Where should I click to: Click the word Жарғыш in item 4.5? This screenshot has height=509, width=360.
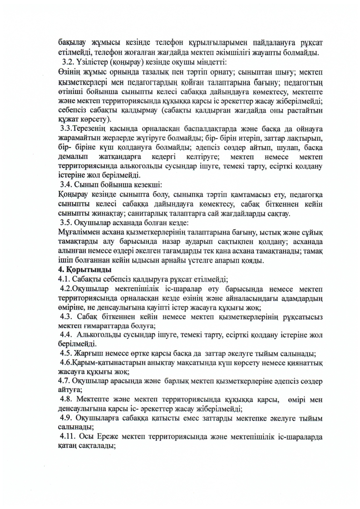coord(90,352)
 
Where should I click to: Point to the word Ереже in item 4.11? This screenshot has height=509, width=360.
coord(132,437)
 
